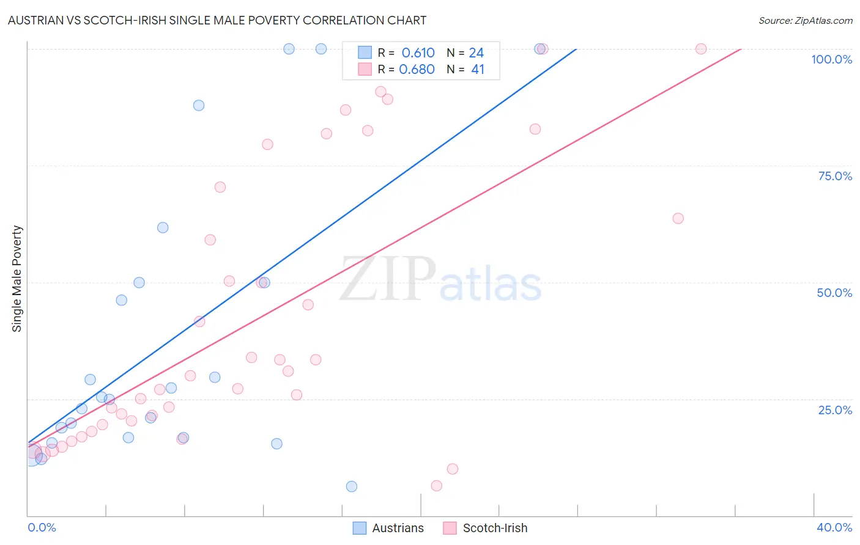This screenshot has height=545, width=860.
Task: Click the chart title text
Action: pyautogui.click(x=217, y=20)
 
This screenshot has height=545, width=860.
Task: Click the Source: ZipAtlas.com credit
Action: pyautogui.click(x=805, y=21)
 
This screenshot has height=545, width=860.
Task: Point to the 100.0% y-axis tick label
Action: pyautogui.click(x=831, y=59)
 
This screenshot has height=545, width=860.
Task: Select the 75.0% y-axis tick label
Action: pyautogui.click(x=835, y=176)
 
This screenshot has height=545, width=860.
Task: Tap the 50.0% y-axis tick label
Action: pyautogui.click(x=834, y=293)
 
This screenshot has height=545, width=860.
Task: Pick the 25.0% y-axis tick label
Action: pyautogui.click(x=835, y=410)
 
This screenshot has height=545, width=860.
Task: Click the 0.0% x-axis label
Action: pyautogui.click(x=42, y=527)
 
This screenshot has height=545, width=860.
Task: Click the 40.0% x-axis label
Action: pyautogui.click(x=834, y=527)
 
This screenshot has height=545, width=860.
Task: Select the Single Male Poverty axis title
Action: pyautogui.click(x=17, y=279)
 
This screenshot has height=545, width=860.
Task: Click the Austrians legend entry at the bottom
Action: pyautogui.click(x=389, y=528)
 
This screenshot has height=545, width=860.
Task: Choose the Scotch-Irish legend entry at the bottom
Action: pyautogui.click(x=486, y=528)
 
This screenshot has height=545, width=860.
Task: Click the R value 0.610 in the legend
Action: pyautogui.click(x=418, y=53)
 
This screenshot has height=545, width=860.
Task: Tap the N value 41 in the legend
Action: pyautogui.click(x=478, y=70)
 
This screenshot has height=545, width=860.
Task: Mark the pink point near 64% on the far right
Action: pyautogui.click(x=678, y=218)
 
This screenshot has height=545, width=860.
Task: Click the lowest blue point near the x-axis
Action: pyautogui.click(x=352, y=486)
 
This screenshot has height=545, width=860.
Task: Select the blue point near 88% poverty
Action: pyautogui.click(x=199, y=105)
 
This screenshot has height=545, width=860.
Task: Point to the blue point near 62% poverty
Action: pyautogui.click(x=163, y=227)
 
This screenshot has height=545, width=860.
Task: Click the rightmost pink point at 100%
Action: pyautogui.click(x=701, y=49)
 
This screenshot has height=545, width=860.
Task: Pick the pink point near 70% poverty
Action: pyautogui.click(x=220, y=187)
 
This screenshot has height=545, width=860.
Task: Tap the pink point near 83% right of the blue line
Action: pyautogui.click(x=535, y=129)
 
